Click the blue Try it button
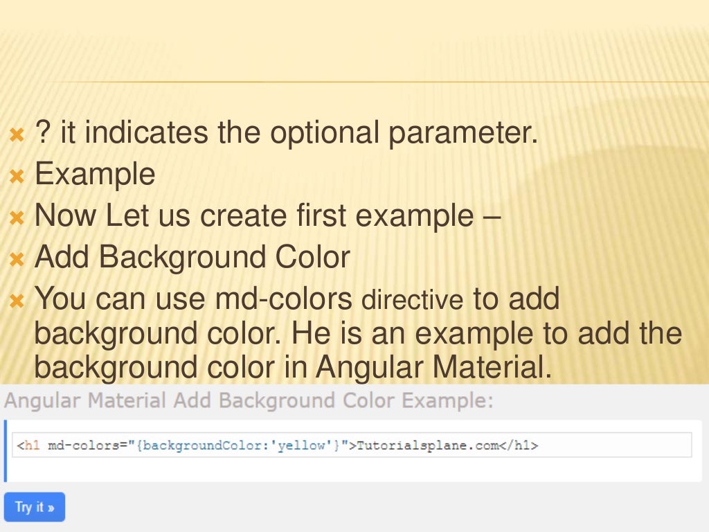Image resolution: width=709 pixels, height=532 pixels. (34, 507)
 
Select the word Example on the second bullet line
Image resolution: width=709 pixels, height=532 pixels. (95, 174)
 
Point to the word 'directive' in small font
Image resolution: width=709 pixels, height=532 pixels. (413, 301)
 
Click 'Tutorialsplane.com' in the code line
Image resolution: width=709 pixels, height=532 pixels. (427, 445)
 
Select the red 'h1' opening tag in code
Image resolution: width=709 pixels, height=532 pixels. (32, 445)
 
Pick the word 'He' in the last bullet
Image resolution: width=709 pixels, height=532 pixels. (309, 334)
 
